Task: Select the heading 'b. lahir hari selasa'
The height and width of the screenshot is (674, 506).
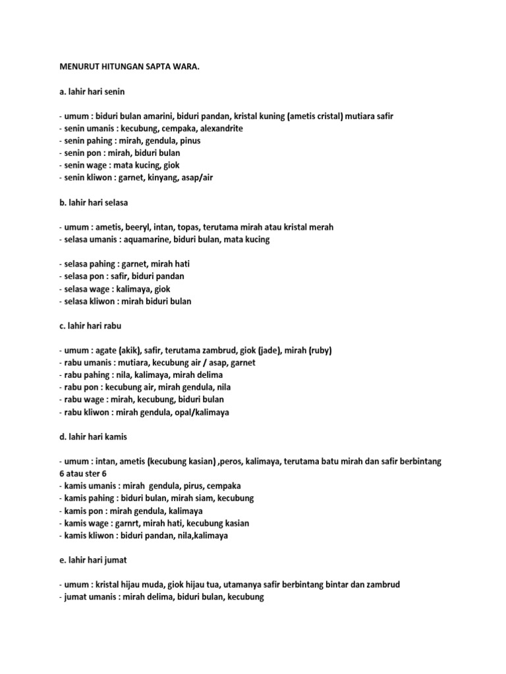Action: point(93,202)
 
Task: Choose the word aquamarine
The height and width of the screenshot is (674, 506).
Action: point(144,240)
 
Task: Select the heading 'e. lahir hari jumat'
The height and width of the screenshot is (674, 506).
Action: point(92,560)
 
